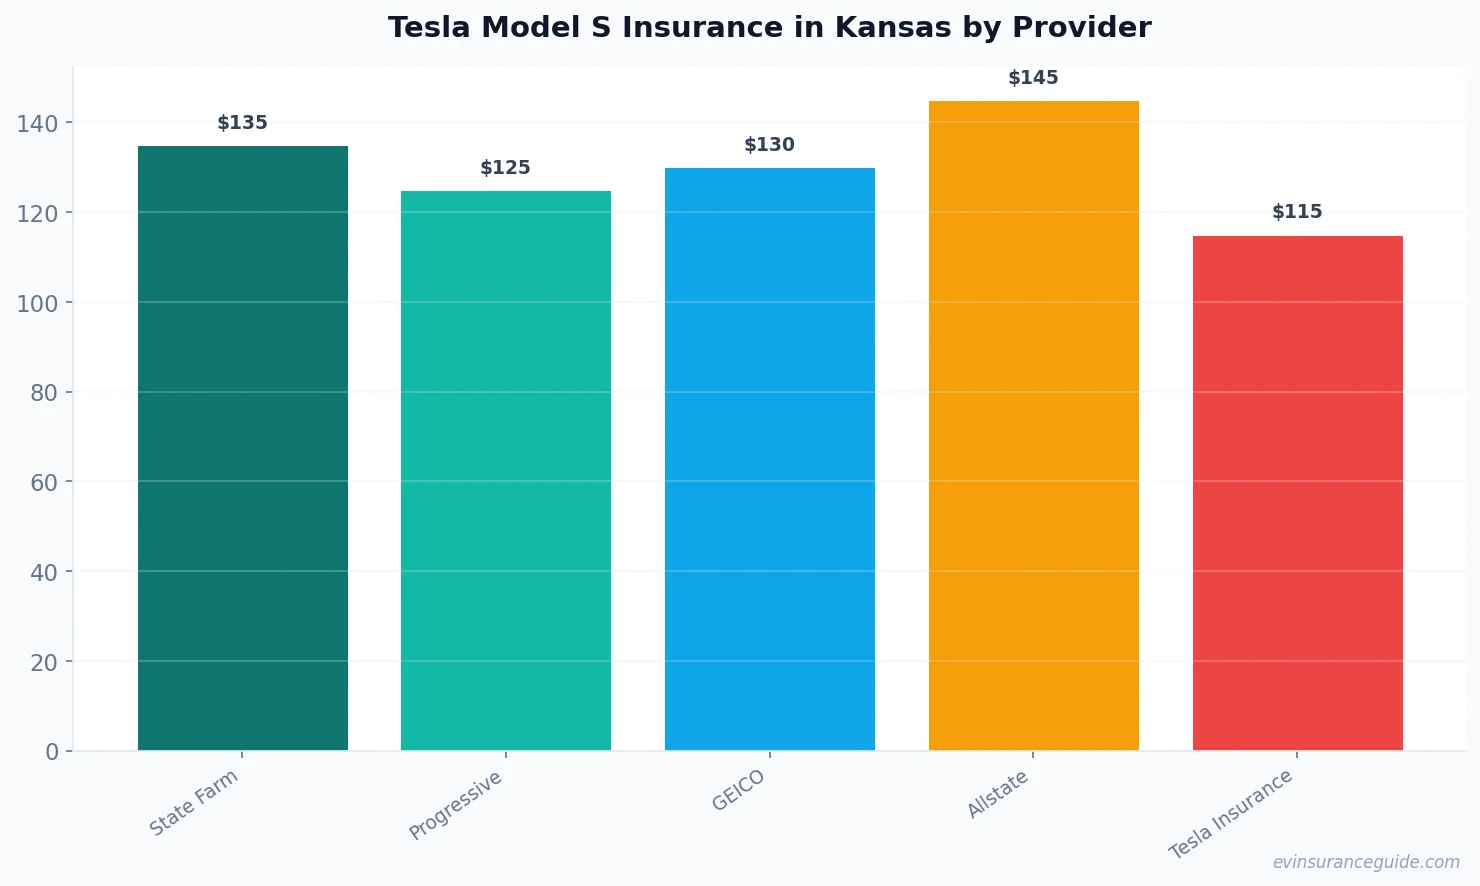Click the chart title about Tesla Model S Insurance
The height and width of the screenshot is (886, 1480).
click(x=769, y=27)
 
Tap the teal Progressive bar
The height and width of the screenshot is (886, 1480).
click(x=506, y=470)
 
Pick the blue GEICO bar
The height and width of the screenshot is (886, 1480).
click(x=770, y=459)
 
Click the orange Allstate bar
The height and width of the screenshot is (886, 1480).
click(x=1033, y=425)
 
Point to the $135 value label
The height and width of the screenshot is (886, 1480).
click(x=243, y=123)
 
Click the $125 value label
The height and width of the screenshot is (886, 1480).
click(x=506, y=168)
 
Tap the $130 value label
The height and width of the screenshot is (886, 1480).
click(x=770, y=145)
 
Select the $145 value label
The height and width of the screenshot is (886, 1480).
click(x=1033, y=78)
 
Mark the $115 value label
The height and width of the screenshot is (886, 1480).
click(x=1297, y=212)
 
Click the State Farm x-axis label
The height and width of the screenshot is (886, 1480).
click(x=194, y=802)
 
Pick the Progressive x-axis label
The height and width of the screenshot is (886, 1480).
click(x=456, y=805)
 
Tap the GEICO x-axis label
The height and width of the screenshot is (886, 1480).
click(x=739, y=790)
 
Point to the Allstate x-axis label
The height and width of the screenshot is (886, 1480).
click(x=998, y=795)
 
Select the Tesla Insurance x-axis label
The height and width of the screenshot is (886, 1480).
click(x=1231, y=814)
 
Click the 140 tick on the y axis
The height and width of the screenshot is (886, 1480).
click(x=38, y=123)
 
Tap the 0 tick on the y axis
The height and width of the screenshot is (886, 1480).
click(x=52, y=752)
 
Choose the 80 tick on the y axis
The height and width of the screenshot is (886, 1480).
click(x=44, y=393)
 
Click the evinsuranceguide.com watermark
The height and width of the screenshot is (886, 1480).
click(x=1366, y=862)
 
